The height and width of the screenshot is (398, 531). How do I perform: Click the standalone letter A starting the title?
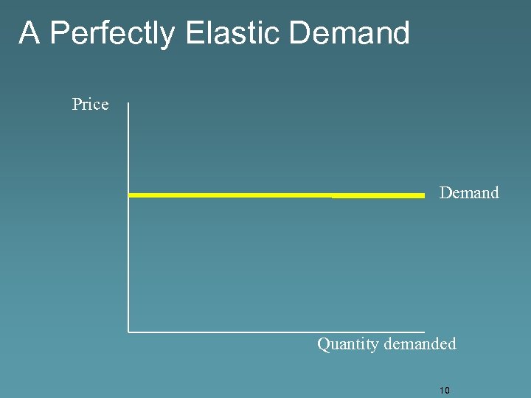29,33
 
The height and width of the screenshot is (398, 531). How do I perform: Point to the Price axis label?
90,105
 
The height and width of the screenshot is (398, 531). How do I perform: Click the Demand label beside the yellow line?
469,193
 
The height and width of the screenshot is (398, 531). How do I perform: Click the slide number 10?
444,390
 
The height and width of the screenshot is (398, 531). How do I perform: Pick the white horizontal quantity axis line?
277,331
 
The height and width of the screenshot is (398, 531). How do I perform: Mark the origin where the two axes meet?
128,331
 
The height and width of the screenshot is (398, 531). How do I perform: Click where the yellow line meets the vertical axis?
129,195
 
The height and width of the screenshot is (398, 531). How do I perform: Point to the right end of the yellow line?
424,195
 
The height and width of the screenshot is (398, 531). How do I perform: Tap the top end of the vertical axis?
128,104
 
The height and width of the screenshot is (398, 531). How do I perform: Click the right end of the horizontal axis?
424,331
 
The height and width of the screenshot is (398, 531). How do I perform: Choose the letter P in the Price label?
77,105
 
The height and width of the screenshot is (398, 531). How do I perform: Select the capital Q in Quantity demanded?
323,344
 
